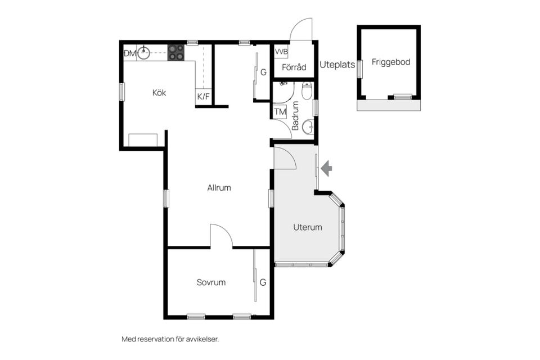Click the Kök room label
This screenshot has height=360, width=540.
(x=159, y=93)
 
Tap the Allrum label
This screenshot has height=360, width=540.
(x=219, y=188)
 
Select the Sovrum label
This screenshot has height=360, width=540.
(x=211, y=282)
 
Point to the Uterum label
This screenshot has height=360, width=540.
(x=308, y=227)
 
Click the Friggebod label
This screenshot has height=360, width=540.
(x=391, y=62)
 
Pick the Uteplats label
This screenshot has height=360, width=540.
(x=337, y=65)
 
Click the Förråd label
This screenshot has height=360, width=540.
(x=294, y=67)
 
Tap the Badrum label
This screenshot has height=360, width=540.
(x=295, y=116)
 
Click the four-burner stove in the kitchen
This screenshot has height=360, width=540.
(x=176, y=53)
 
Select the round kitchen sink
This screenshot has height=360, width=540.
(x=143, y=53)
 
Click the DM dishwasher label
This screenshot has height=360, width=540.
(x=130, y=53)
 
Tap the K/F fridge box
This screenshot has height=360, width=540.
(x=203, y=96)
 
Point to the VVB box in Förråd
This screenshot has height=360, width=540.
(x=281, y=52)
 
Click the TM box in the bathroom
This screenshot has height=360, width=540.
(x=280, y=111)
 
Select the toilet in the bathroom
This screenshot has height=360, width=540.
(x=307, y=90)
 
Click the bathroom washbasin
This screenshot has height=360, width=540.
(x=308, y=127)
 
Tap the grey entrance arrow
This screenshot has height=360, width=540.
(x=326, y=168)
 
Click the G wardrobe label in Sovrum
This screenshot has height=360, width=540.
(x=263, y=282)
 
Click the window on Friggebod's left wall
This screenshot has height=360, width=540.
(x=360, y=69)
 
